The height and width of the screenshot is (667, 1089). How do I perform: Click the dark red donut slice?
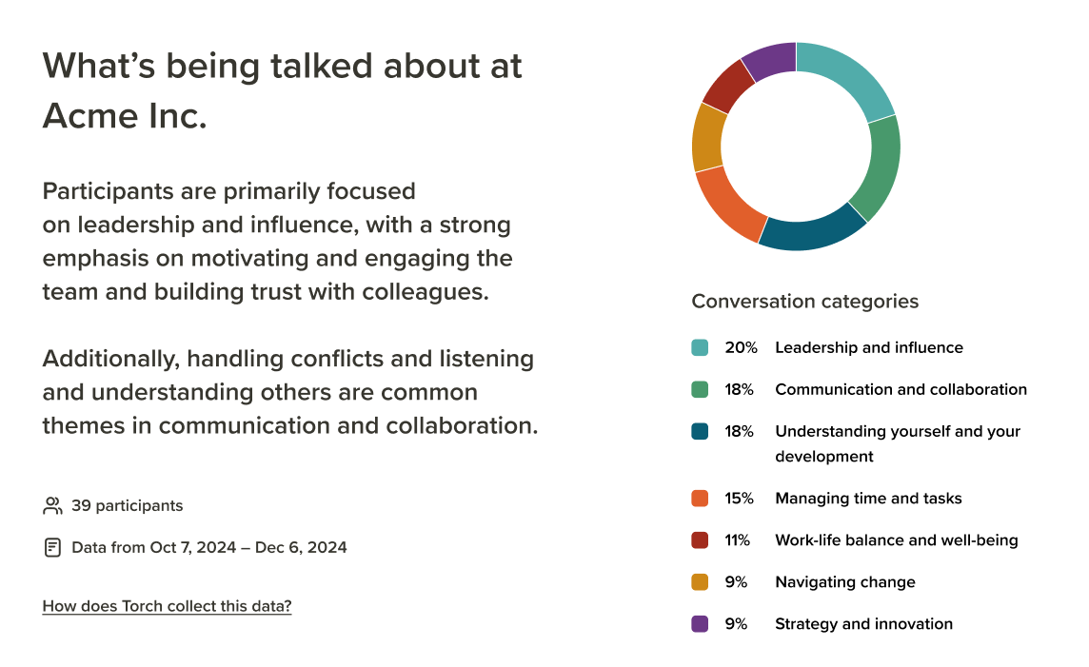tap(727, 87)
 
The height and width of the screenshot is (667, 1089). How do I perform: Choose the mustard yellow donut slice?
tap(707, 138)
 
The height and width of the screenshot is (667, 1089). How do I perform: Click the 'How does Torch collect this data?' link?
tap(167, 606)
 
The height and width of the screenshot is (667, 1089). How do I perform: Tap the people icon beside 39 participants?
tap(52, 505)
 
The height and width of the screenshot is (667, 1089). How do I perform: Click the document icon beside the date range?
tap(52, 548)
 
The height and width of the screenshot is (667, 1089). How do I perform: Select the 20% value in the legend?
tap(741, 347)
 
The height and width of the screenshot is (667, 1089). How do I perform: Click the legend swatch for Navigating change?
tap(700, 582)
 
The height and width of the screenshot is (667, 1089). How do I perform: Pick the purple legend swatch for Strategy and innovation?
tap(700, 624)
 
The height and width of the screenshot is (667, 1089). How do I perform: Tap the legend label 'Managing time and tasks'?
tap(868, 499)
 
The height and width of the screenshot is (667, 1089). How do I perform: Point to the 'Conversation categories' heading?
tap(805, 302)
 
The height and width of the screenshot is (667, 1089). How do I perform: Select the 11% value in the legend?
tap(738, 540)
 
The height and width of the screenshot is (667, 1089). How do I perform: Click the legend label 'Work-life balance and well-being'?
tap(897, 540)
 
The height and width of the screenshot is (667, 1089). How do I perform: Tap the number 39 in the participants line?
tap(81, 505)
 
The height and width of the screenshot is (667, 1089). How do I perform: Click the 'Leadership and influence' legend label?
tap(869, 347)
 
